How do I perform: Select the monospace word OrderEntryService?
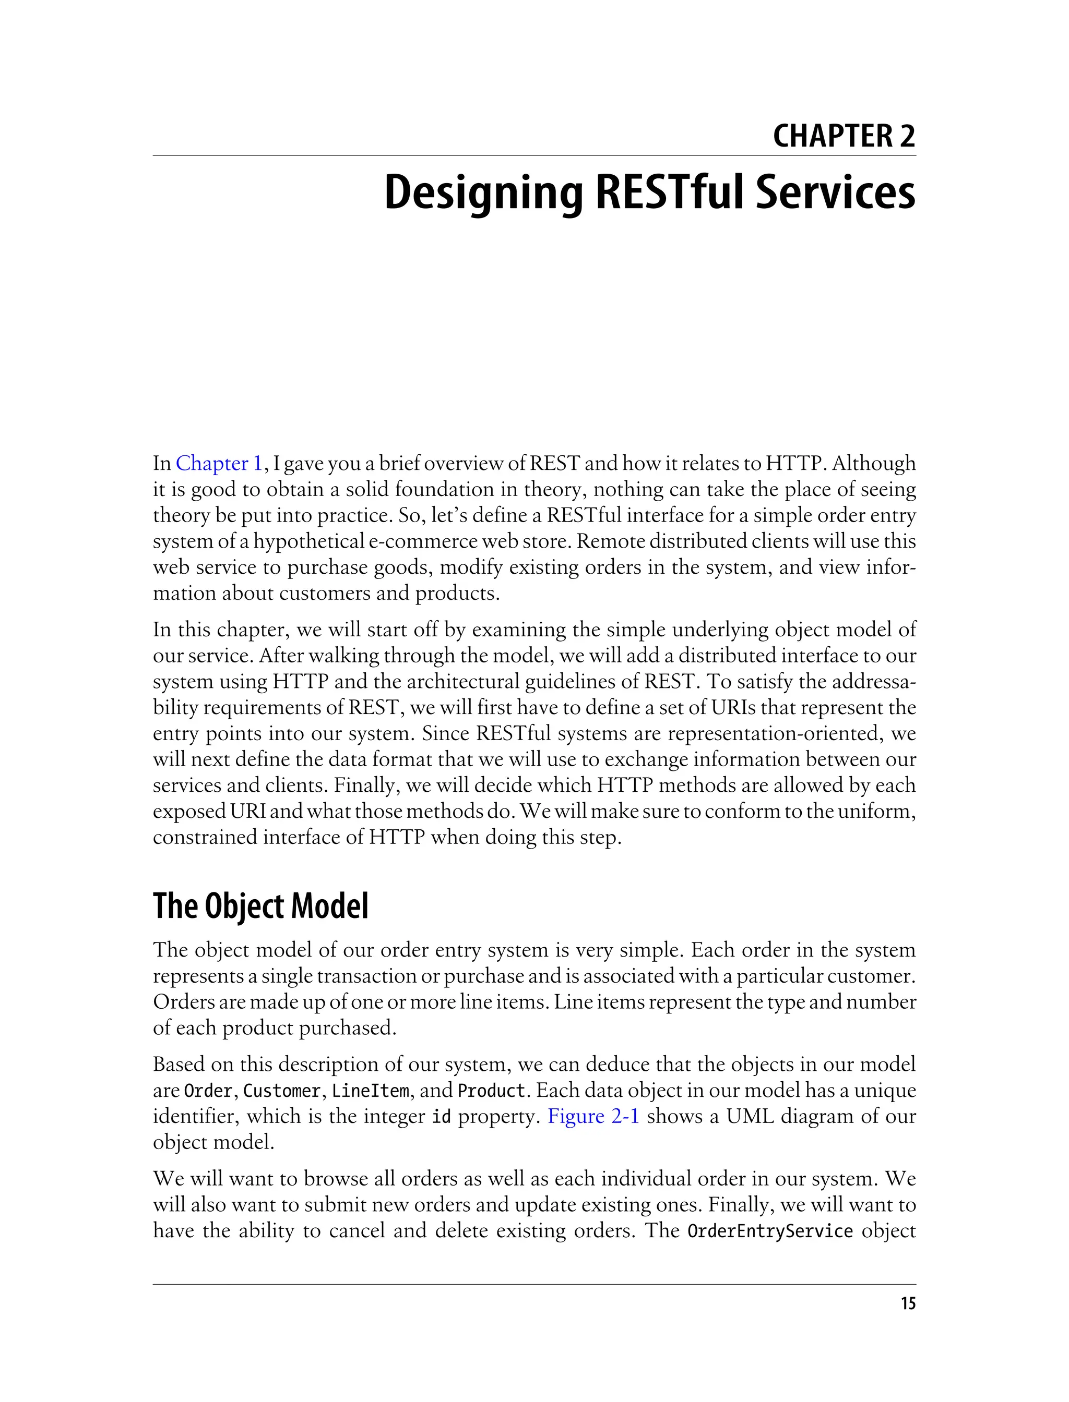tap(770, 1231)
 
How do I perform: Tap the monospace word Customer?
tap(282, 1091)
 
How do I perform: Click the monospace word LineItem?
tap(370, 1091)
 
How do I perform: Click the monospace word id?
tap(441, 1117)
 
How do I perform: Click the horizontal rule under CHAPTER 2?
tap(534, 155)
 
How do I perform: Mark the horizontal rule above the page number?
tap(534, 1284)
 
